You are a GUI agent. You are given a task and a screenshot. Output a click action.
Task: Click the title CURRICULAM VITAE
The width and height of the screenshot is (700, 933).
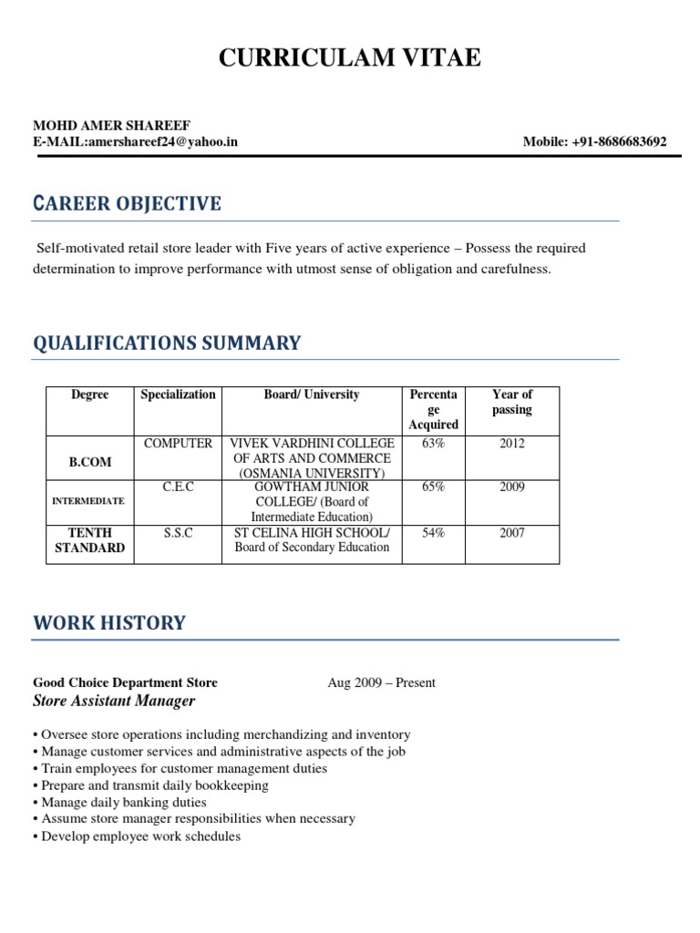349,59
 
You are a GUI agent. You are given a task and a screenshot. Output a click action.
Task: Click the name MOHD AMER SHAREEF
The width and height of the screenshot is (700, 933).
112,125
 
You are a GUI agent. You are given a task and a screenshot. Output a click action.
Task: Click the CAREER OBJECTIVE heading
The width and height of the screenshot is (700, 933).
127,203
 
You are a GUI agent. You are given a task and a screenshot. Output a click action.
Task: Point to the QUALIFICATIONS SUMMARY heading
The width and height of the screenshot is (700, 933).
167,343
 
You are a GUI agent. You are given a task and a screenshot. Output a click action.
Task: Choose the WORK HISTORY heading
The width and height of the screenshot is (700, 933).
109,624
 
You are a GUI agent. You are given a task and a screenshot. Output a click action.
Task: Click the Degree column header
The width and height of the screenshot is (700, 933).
89,395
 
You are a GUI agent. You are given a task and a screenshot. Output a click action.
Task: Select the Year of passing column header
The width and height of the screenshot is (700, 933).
511,402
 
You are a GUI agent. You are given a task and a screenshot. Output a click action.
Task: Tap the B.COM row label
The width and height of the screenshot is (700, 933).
90,462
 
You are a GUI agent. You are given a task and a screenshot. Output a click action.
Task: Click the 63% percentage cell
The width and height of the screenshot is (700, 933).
433,444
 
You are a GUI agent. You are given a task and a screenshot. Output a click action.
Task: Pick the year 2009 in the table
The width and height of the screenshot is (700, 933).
511,487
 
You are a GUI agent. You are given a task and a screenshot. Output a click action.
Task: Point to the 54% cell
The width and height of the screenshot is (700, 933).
433,533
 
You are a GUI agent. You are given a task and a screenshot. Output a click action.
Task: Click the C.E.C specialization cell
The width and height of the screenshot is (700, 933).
178,487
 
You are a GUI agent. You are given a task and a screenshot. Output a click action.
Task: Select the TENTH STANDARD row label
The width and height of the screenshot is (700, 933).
90,540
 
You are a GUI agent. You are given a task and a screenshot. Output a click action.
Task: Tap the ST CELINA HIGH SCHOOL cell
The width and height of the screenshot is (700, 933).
312,533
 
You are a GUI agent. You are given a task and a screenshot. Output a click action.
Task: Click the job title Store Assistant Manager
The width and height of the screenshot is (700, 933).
114,701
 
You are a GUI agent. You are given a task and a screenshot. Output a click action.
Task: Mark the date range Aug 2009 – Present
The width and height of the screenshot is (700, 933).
381,682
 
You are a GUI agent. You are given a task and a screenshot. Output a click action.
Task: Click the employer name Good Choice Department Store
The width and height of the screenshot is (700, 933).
125,682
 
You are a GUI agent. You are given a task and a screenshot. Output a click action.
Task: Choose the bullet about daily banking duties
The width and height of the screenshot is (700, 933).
124,803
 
